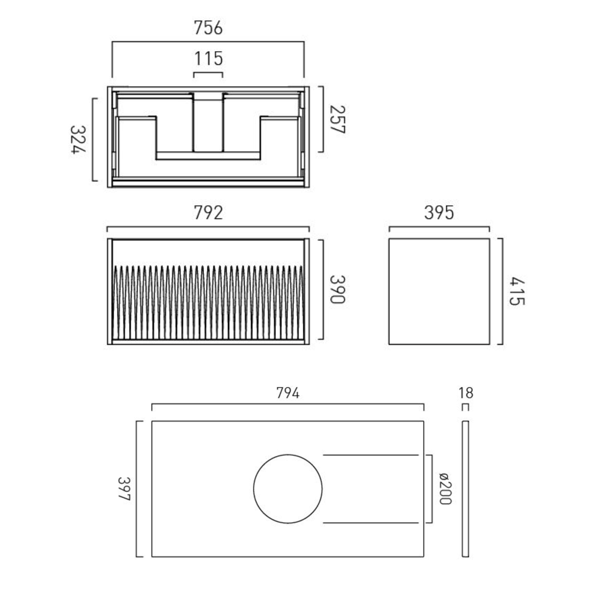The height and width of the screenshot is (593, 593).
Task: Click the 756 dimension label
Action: tap(208, 28)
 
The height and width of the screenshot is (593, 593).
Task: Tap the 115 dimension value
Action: tap(208, 59)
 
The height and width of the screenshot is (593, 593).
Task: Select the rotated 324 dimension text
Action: tap(78, 140)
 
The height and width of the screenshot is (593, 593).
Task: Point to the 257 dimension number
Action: tap(337, 119)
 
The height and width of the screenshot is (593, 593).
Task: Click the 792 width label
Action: tap(208, 213)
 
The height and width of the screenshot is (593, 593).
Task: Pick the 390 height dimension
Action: tap(337, 289)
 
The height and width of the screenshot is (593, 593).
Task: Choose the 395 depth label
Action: tap(439, 213)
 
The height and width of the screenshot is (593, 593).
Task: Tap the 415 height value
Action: tap(516, 291)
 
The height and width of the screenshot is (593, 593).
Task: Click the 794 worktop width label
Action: tap(287, 393)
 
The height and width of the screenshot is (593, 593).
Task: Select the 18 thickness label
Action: tap(466, 393)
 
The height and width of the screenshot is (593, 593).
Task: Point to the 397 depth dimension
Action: tap(124, 489)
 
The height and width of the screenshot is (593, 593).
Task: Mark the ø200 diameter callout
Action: tap(445, 489)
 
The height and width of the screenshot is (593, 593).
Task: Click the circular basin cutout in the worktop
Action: tap(288, 489)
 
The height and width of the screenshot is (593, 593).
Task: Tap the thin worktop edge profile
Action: tap(465, 489)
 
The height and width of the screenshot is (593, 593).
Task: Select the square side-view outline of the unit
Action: tap(439, 291)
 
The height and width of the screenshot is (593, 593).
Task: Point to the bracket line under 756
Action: tap(208, 42)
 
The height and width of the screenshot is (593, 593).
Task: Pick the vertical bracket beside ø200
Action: tap(431, 489)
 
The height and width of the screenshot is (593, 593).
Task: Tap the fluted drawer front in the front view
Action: tap(208, 302)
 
